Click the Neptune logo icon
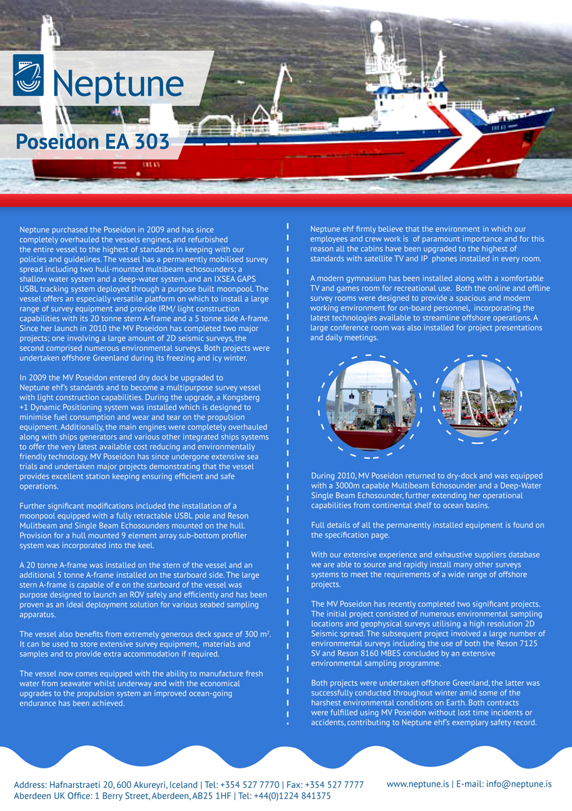click(x=28, y=75)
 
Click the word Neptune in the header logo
click(x=118, y=84)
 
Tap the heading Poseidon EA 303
click(x=92, y=142)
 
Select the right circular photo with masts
click(x=478, y=399)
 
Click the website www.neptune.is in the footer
click(x=418, y=784)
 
